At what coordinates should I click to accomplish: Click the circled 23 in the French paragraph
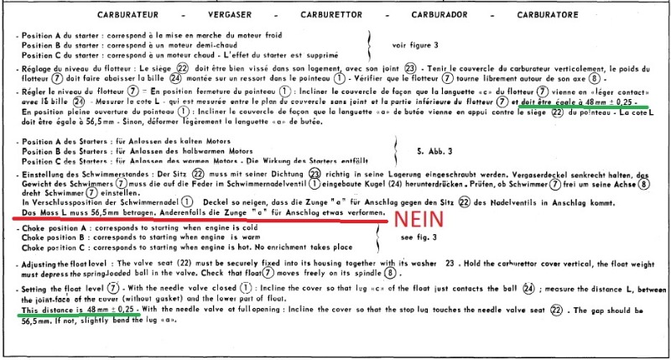point(410,66)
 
